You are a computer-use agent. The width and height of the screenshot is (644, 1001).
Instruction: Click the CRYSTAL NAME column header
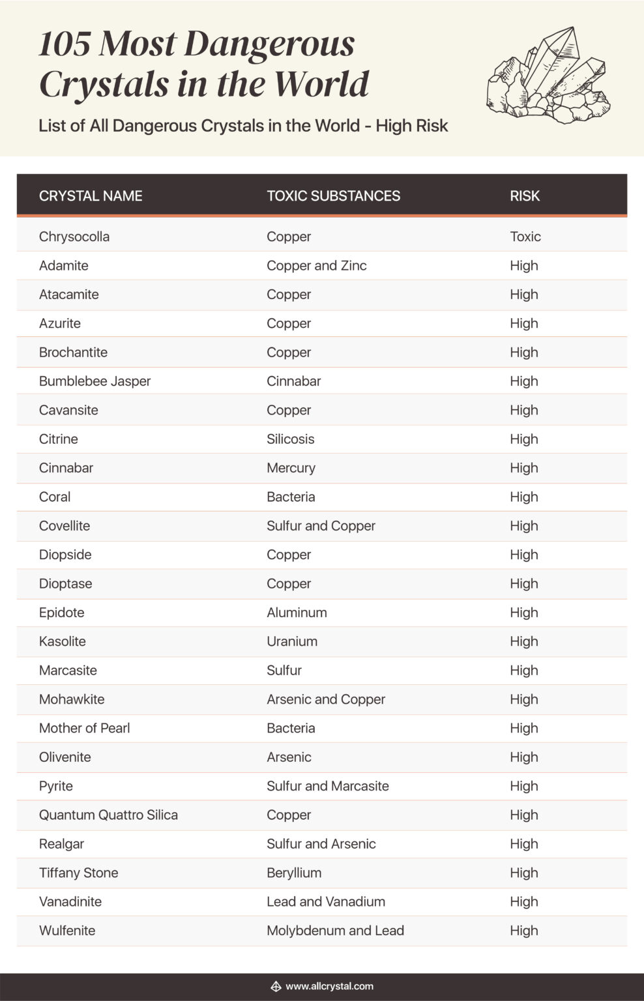pos(91,196)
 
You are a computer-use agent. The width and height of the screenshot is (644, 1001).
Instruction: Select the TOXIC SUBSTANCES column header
pos(333,196)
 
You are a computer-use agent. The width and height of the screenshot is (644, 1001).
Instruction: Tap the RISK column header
pos(525,196)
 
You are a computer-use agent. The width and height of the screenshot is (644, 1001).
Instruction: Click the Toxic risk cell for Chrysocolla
pos(525,237)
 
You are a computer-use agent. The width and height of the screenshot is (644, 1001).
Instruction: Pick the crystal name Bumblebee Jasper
pos(95,381)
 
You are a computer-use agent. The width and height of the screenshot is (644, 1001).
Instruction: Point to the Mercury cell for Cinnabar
pos(291,468)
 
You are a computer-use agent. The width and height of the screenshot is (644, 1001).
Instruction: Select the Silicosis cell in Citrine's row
pos(290,439)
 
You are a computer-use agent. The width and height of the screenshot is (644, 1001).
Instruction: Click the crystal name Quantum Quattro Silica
pos(108,815)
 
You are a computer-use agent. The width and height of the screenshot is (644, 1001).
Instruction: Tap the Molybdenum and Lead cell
pos(335,931)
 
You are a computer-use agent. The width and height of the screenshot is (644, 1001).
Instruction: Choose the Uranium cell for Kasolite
pos(292,641)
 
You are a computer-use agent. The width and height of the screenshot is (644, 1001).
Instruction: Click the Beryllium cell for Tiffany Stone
pos(294,873)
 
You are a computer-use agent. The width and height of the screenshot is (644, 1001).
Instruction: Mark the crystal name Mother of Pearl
pos(84,728)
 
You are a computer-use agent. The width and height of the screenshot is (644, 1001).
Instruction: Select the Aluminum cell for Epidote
pos(297,613)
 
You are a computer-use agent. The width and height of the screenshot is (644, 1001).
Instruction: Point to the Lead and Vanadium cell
pos(326,901)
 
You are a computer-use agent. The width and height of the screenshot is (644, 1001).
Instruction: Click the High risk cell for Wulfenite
pos(524,931)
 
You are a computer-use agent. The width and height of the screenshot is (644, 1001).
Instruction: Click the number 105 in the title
pos(64,44)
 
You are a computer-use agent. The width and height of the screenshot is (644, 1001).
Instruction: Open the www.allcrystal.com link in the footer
pos(329,986)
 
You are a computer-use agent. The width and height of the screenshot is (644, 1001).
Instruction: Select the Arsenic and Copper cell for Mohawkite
pos(326,699)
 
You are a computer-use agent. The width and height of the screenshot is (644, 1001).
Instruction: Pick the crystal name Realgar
pos(61,844)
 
